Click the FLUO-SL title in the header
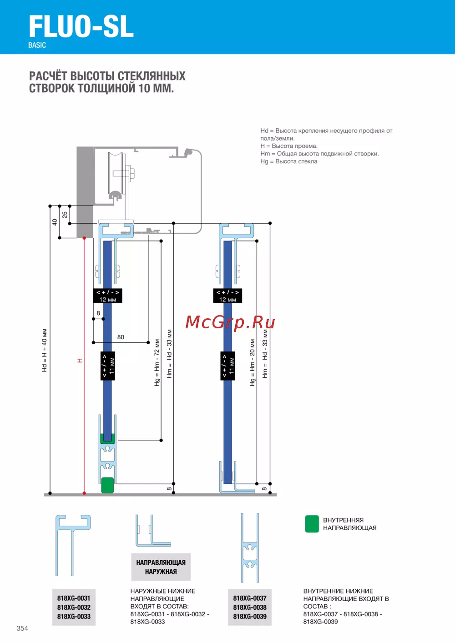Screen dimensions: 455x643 pos(81,26)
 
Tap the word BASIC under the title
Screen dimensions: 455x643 pos(37,45)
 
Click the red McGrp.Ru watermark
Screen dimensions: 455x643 pos(230,322)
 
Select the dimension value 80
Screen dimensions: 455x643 pos(121,337)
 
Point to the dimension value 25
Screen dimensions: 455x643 pos(65,215)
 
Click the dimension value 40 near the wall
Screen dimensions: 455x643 pos(55,222)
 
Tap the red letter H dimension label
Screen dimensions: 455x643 pos(80,360)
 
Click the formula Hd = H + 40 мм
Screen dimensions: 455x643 pos(44,350)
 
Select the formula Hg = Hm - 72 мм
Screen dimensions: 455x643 pos(157,362)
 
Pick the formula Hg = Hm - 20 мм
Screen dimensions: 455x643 pos(252,362)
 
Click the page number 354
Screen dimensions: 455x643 pos(22,628)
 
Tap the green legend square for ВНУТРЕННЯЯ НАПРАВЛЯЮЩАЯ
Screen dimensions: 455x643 pos(312,524)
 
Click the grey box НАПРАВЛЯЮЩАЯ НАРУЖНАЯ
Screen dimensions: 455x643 pos(161,567)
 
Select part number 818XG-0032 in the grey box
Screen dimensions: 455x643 pos(74,608)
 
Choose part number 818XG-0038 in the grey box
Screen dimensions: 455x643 pos(250,608)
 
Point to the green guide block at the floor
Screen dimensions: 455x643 pos(107,485)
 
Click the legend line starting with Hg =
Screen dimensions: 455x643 pos(288,161)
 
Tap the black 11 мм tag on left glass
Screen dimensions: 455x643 pos(108,366)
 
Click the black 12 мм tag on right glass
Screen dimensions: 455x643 pos(227,296)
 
